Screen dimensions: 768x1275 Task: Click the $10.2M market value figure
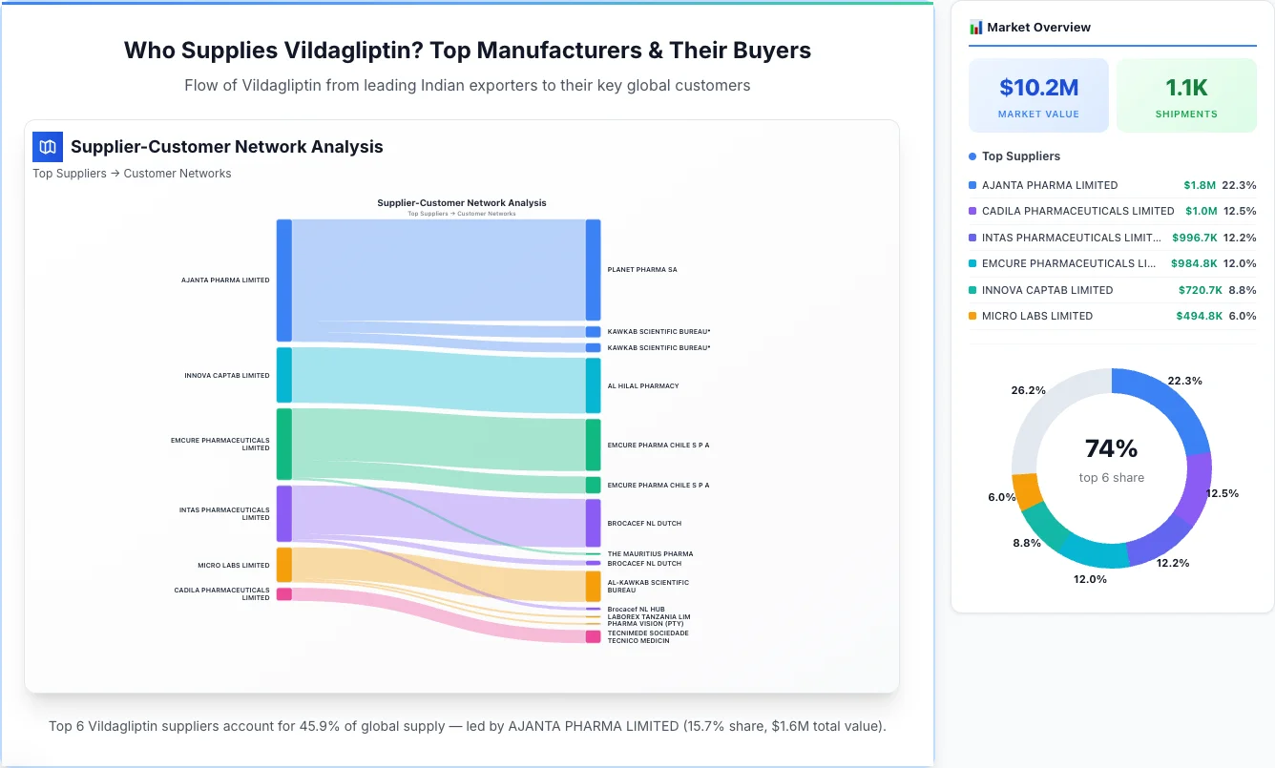tap(1038, 88)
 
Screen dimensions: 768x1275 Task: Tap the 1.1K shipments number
tap(1186, 88)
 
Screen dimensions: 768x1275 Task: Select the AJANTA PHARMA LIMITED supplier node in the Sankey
tap(284, 280)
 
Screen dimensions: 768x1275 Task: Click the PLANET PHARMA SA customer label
tap(642, 270)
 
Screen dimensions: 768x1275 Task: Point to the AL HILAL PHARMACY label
tap(643, 386)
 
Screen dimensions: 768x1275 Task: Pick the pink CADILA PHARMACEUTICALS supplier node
tap(284, 594)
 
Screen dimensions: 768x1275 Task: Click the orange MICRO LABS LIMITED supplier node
tap(284, 565)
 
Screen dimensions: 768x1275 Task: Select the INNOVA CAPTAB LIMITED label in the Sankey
tap(227, 376)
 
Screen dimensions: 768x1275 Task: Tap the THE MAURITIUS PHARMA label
tap(650, 554)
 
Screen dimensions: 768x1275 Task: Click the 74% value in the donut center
tap(1111, 448)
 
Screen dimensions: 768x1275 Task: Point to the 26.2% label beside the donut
tap(1029, 390)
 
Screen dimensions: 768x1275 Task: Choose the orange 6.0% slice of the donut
tap(1027, 490)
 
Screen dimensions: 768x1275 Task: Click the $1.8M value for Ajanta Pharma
tap(1200, 185)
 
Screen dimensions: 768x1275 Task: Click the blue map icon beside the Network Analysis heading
tap(47, 147)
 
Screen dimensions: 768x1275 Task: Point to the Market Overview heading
tap(1038, 28)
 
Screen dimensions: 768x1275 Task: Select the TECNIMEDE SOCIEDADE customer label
tap(648, 633)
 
